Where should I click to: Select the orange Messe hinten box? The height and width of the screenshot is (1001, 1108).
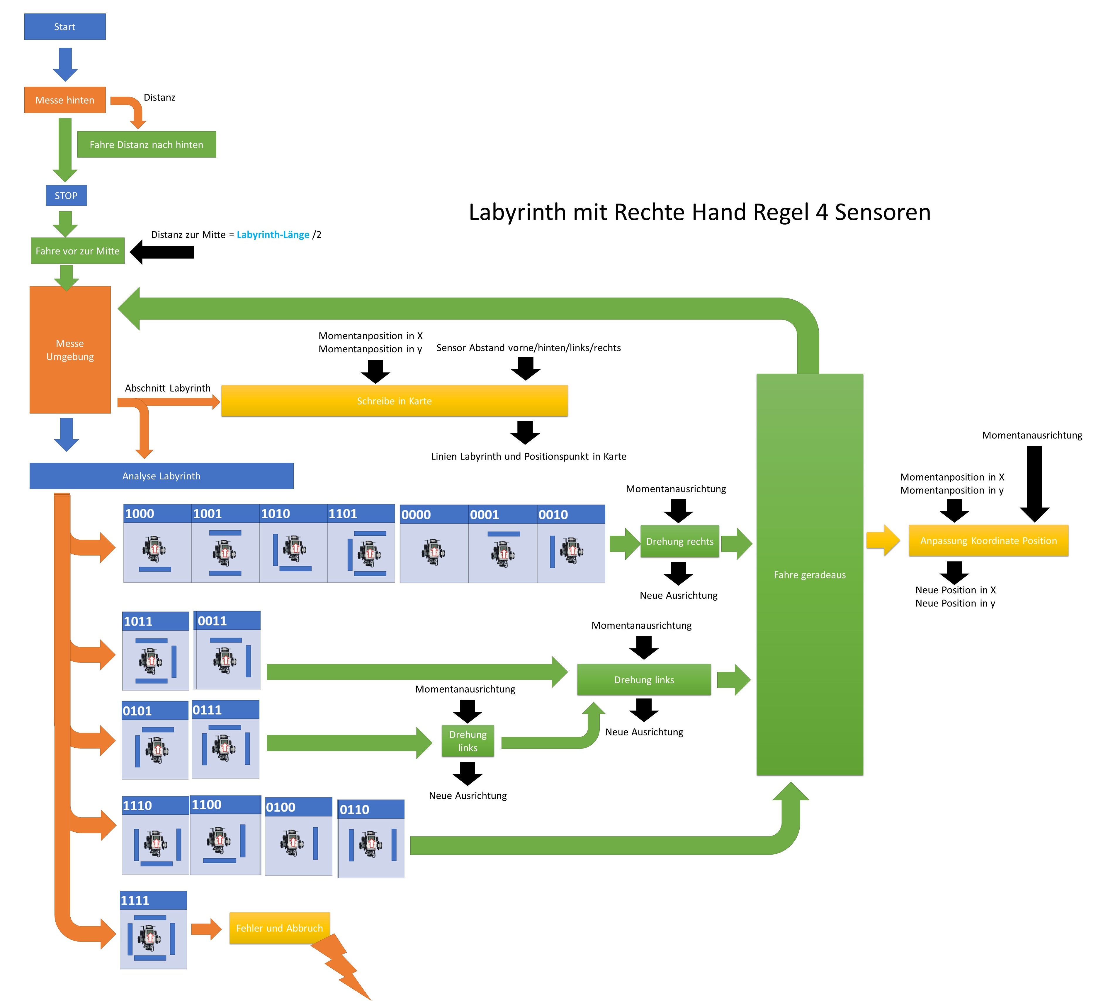(65, 100)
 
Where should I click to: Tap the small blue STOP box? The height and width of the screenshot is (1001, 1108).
(66, 195)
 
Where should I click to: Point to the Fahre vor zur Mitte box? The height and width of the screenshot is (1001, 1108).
(77, 251)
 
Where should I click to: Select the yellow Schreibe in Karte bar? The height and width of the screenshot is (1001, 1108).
(394, 401)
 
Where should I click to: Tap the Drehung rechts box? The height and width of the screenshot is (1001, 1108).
(679, 542)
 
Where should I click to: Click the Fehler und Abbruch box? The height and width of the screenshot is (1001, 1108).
(279, 928)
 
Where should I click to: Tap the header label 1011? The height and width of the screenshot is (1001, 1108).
(138, 621)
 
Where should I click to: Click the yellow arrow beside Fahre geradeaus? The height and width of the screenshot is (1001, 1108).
(883, 540)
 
